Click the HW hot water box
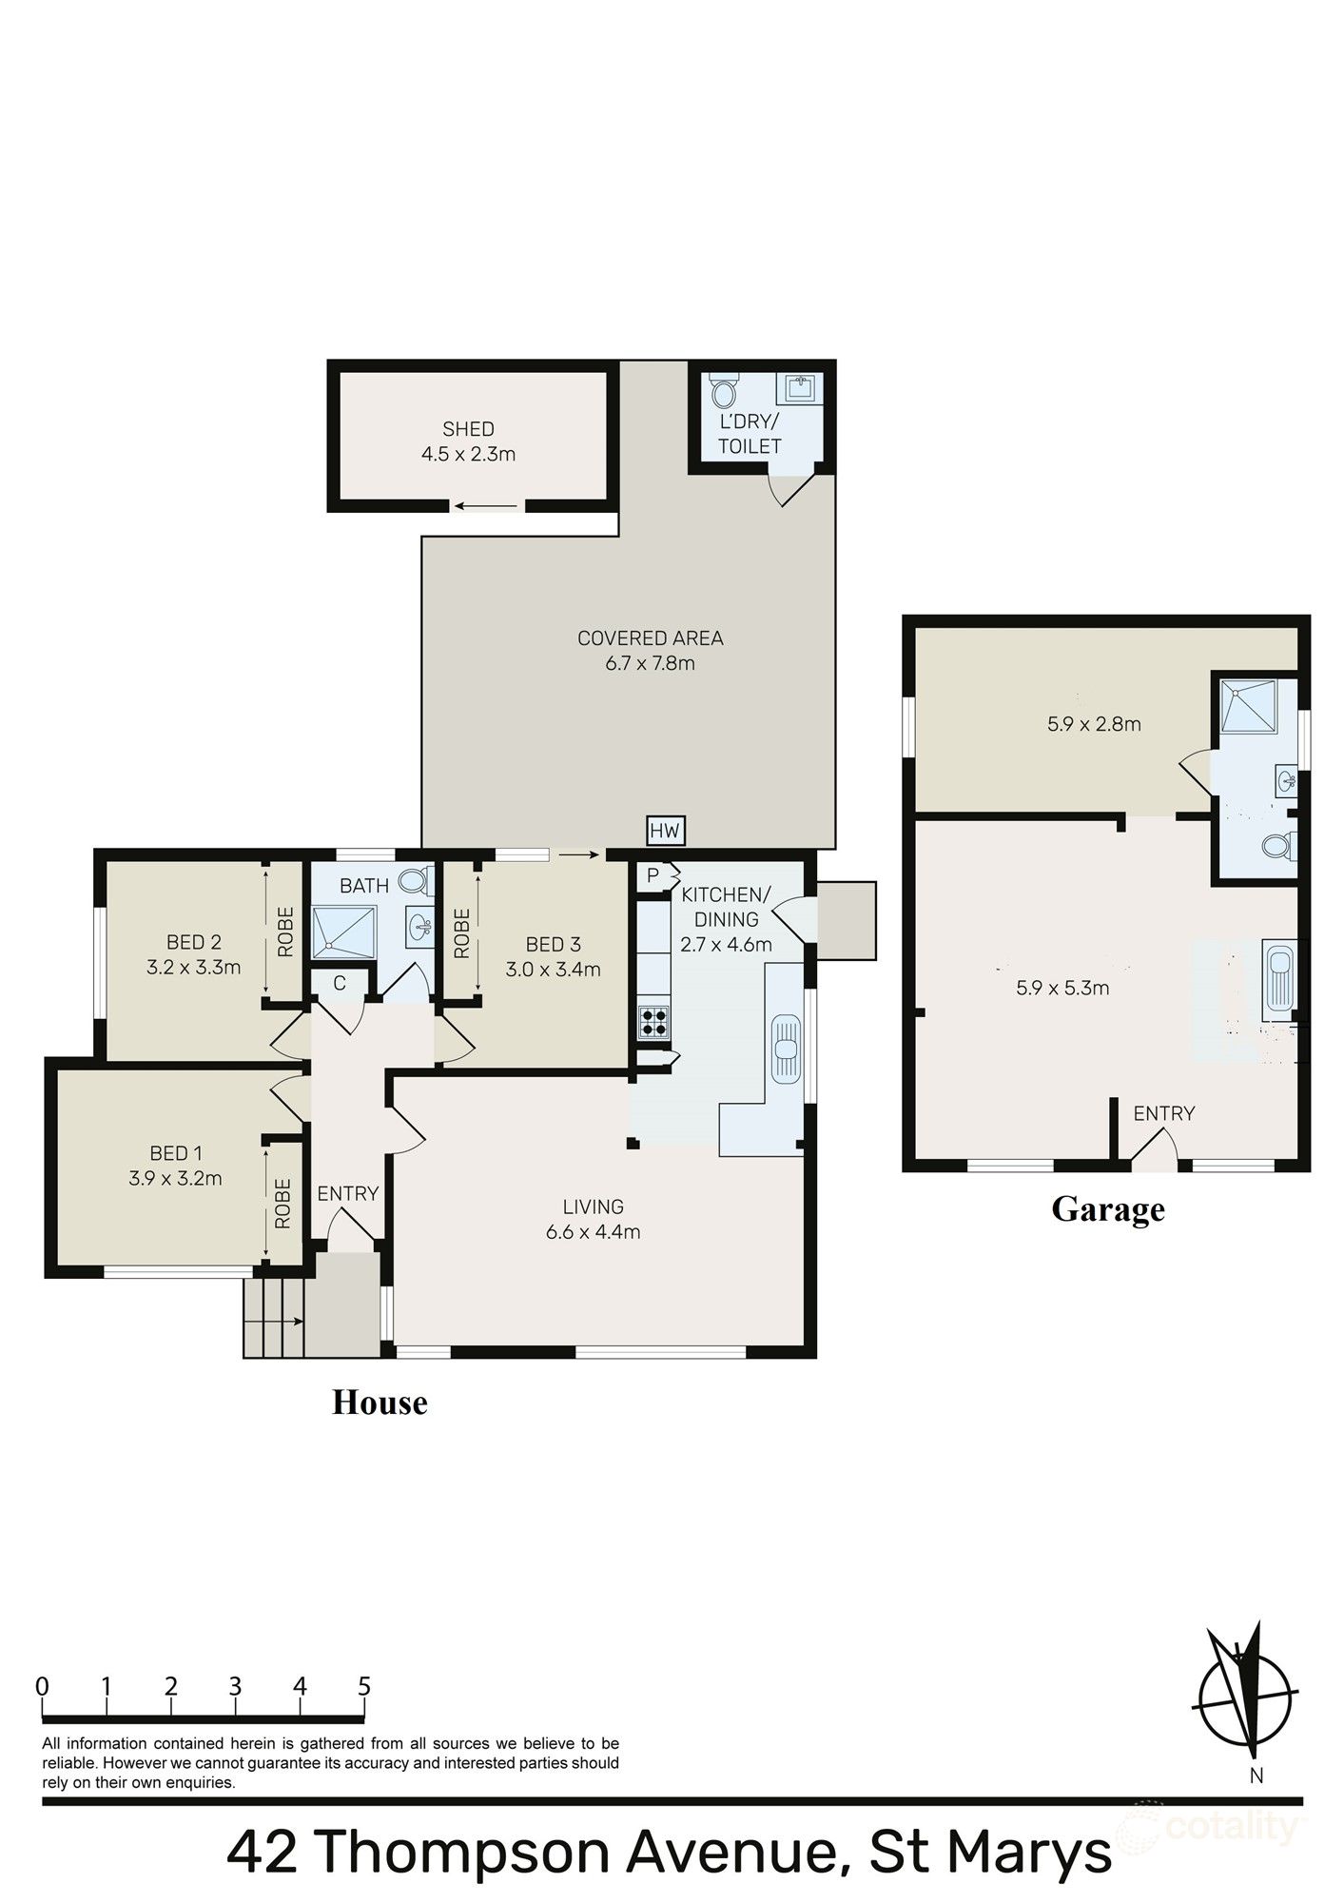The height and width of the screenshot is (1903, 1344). pyautogui.click(x=665, y=831)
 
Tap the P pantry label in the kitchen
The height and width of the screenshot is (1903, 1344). pyautogui.click(x=653, y=873)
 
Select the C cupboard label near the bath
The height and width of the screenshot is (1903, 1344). pyautogui.click(x=339, y=984)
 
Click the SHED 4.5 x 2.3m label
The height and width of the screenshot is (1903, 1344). pyautogui.click(x=468, y=441)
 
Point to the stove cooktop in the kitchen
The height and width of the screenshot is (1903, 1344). pyautogui.click(x=653, y=1021)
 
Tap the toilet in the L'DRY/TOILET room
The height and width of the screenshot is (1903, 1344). pyautogui.click(x=724, y=391)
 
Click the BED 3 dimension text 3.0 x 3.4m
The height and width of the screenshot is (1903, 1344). pyautogui.click(x=553, y=970)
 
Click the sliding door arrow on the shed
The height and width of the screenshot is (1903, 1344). pyautogui.click(x=485, y=505)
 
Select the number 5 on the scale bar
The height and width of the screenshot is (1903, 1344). pyautogui.click(x=363, y=1687)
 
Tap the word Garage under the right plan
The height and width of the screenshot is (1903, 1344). pyautogui.click(x=1107, y=1209)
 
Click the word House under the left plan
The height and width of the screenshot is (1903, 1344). pyautogui.click(x=379, y=1403)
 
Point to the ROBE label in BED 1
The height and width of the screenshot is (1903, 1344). pyautogui.click(x=282, y=1204)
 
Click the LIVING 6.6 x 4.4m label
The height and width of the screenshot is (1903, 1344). pyautogui.click(x=593, y=1219)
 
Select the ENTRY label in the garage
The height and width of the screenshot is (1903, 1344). pyautogui.click(x=1163, y=1113)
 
